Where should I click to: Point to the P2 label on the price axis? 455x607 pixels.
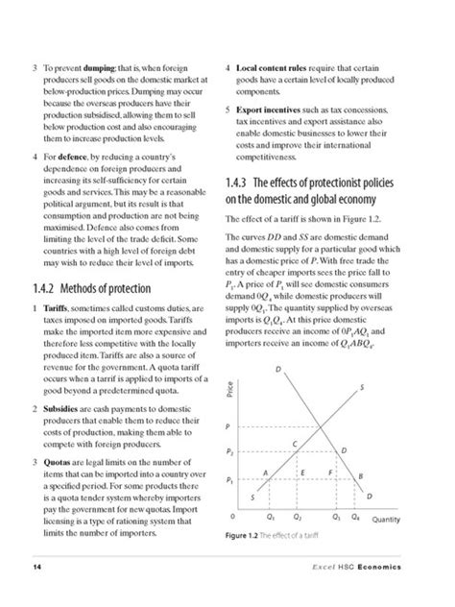[228, 450]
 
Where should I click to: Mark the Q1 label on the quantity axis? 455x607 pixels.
[270, 516]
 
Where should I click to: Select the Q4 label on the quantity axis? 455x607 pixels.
[355, 516]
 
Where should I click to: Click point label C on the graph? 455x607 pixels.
[294, 441]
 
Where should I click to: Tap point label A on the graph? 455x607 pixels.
[265, 473]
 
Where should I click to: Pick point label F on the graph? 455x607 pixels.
[329, 473]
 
